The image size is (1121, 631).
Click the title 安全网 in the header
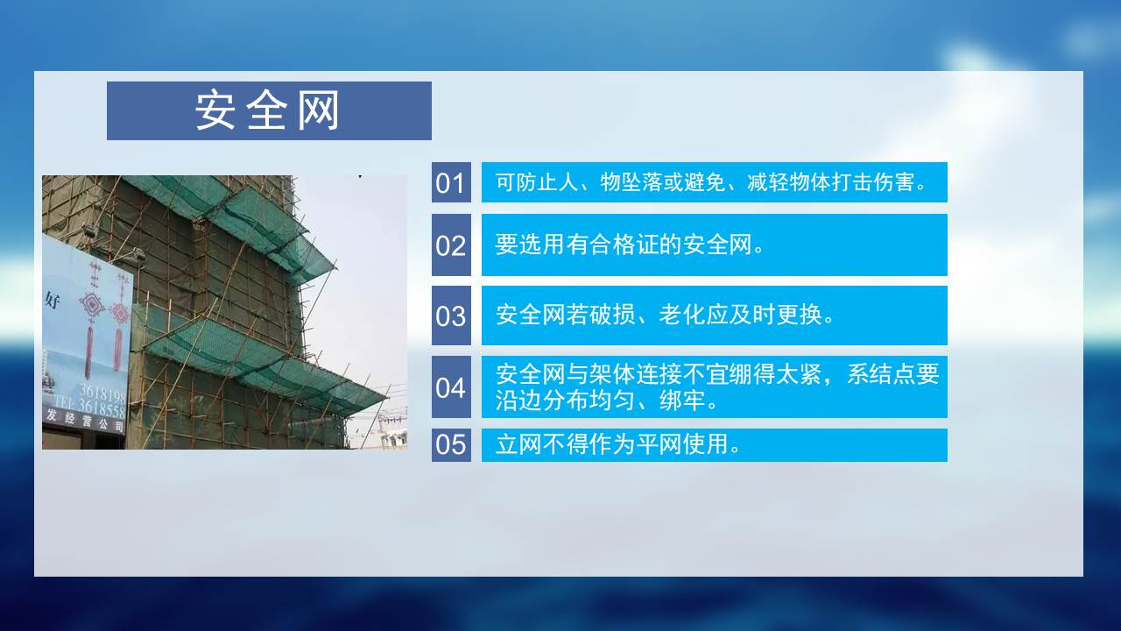click(267, 110)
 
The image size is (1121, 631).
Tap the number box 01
click(451, 182)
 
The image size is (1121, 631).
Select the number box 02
click(451, 245)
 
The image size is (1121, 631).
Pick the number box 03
click(451, 315)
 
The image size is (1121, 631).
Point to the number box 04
click(451, 386)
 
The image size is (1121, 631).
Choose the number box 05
click(451, 444)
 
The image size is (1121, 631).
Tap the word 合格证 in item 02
click(624, 245)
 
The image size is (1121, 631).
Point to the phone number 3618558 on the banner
click(102, 408)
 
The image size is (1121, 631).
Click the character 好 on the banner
click(53, 300)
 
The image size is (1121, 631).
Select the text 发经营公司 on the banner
click(85, 421)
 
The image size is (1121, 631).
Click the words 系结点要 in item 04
click(892, 374)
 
